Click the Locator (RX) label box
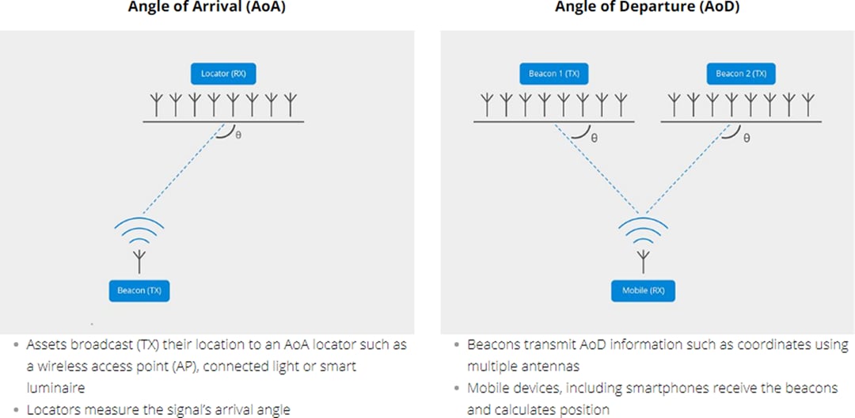pos(223,74)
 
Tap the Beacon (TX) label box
pos(139,291)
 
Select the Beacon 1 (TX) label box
pos(554,74)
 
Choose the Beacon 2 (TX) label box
pos(741,74)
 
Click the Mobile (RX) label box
pos(643,291)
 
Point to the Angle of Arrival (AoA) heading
pos(207,7)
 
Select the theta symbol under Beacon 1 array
pos(594,137)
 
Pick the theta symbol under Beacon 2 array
pos(746,137)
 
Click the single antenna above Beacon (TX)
pos(140,260)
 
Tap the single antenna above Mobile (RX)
pos(644,260)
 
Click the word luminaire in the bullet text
pos(51,388)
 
